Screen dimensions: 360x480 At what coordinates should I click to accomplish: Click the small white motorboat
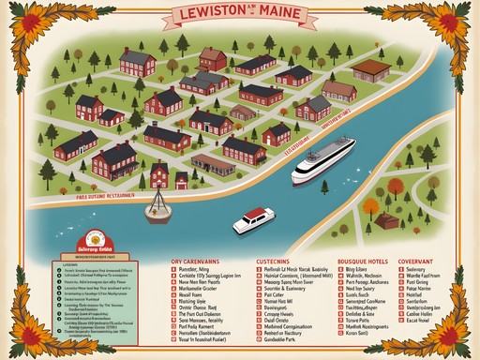click(x=251, y=220)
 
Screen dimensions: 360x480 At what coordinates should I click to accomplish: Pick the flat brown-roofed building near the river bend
click(x=370, y=68)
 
